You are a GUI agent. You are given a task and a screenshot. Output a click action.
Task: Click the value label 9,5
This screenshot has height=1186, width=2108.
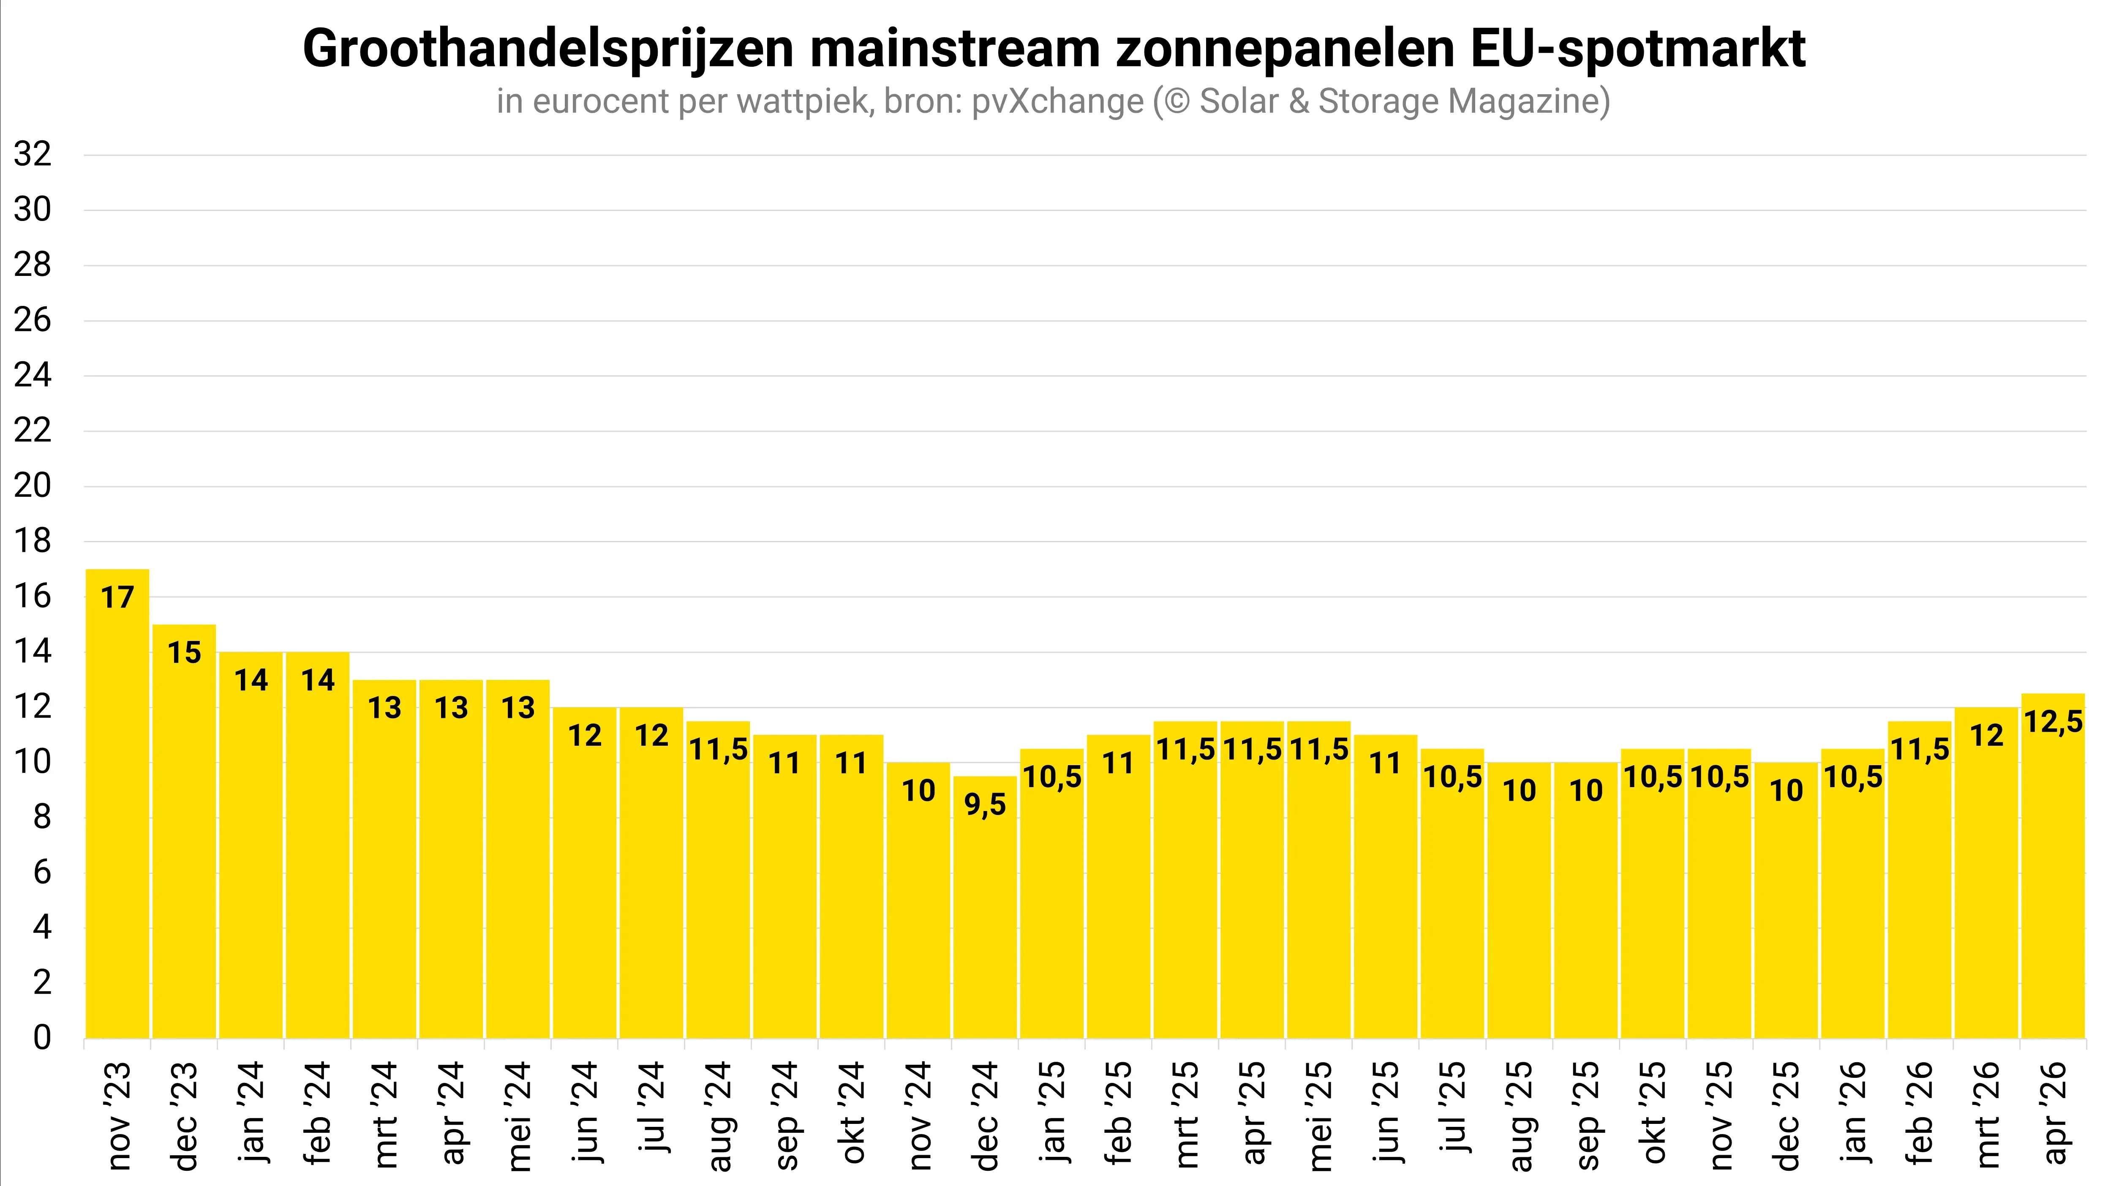(985, 804)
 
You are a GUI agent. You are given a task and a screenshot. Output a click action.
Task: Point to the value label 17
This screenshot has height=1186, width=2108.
(117, 597)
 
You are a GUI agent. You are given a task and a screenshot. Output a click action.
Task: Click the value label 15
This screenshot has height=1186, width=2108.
(184, 652)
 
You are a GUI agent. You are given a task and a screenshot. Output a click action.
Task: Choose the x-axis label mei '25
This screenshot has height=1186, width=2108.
(1319, 1115)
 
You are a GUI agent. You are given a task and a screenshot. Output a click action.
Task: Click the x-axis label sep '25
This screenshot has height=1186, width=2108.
(1586, 1115)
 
